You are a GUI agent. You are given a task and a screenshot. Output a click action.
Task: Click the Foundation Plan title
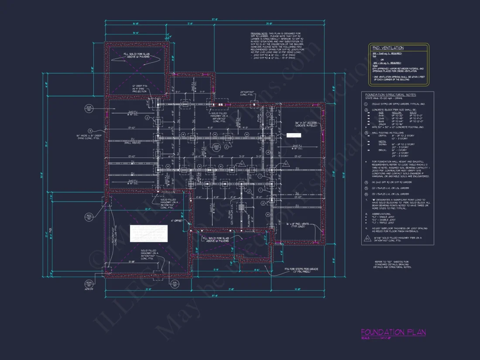(x=393, y=333)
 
